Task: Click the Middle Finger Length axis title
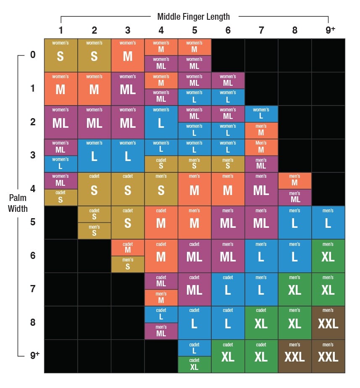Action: [x=193, y=17]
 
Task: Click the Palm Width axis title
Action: [x=18, y=203]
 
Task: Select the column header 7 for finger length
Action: [x=261, y=30]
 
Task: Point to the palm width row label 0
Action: [x=33, y=55]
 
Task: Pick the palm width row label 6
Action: [x=33, y=256]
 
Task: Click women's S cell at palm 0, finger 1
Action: [x=60, y=55]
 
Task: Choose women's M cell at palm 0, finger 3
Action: [x=128, y=55]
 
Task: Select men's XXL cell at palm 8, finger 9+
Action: [x=328, y=323]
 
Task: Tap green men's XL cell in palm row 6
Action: [x=328, y=256]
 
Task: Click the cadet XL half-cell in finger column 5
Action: [x=194, y=364]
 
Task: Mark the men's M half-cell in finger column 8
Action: [x=295, y=181]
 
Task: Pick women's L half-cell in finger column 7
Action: [x=261, y=113]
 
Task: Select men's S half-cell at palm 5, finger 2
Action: [x=94, y=231]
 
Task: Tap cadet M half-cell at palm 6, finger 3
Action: [x=128, y=248]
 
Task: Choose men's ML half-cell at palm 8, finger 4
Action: [x=161, y=331]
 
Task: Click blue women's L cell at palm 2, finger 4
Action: [x=161, y=122]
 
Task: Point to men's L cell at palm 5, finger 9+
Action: [x=328, y=222]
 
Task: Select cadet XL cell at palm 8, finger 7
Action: [x=261, y=323]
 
